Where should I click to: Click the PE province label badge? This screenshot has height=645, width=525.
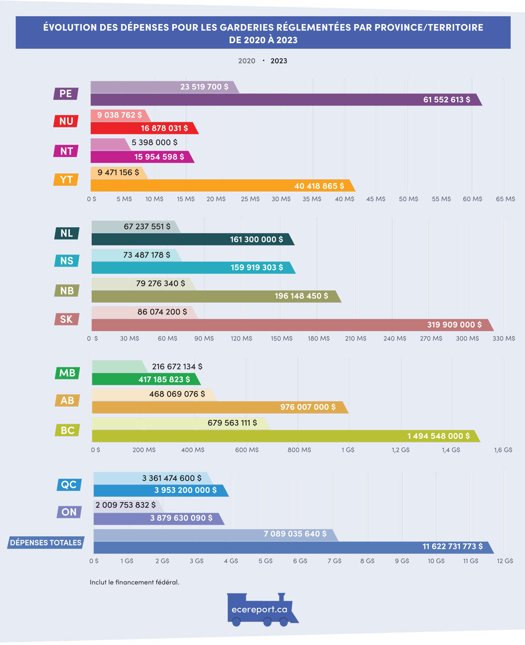point(66,94)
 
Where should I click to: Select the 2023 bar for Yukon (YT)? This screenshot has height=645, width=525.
point(220,185)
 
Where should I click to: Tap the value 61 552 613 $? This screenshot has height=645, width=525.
point(446,99)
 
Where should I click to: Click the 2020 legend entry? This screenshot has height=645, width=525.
point(247,61)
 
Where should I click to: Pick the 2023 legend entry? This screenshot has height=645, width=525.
point(279,61)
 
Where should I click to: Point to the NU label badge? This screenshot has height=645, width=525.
point(66,121)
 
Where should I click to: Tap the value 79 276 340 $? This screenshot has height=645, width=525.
point(161,283)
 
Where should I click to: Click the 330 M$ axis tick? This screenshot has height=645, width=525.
point(505,339)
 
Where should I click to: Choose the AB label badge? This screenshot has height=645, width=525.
point(67,400)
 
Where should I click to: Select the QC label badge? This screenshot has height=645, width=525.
point(69,484)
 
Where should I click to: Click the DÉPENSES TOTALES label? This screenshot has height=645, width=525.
point(46,542)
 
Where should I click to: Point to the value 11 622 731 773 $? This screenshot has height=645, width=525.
point(453,547)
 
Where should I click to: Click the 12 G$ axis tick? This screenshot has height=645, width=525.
point(505,561)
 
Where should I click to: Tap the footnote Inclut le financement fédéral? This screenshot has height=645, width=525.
point(134,581)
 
